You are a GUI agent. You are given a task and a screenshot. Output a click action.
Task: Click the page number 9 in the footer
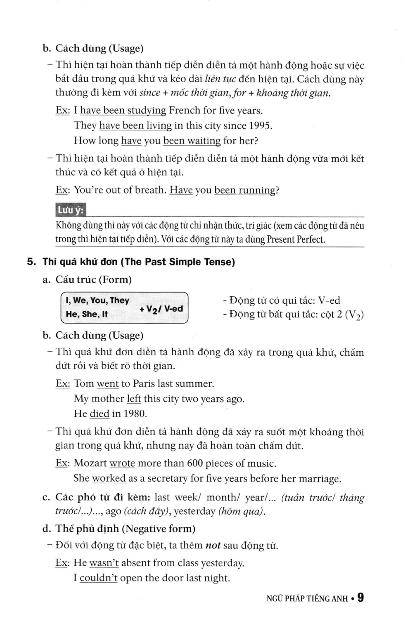[360, 597]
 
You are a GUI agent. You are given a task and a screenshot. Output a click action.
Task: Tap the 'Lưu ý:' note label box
[71, 210]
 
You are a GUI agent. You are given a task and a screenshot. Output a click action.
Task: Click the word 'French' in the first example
[185, 111]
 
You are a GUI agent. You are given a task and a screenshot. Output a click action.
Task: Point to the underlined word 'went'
[107, 384]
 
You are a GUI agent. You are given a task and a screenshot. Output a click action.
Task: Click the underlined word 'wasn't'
[104, 563]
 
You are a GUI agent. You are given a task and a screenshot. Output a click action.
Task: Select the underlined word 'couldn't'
[99, 578]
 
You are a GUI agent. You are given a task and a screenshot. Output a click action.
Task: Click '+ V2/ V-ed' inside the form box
[161, 309]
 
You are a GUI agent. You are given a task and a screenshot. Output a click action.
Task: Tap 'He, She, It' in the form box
[87, 314]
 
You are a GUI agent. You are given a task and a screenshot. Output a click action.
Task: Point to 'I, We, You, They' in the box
[97, 300]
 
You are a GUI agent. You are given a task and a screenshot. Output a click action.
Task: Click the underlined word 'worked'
[109, 478]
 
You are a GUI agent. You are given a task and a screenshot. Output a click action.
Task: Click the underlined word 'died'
[99, 414]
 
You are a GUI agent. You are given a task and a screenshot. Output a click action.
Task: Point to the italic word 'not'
[213, 546]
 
